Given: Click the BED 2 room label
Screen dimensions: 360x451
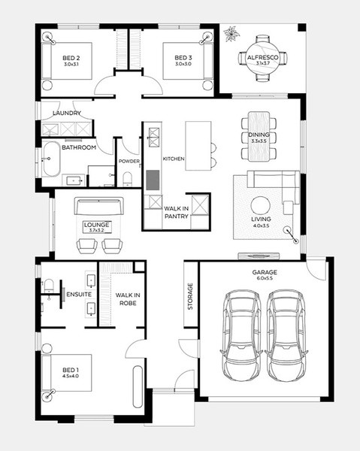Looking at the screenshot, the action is coord(71,58).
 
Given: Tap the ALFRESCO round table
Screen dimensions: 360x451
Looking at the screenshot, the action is coord(263,59).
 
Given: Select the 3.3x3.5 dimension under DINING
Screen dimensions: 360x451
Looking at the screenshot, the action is coord(259,141).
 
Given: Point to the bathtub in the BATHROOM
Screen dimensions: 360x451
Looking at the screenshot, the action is coord(51,159).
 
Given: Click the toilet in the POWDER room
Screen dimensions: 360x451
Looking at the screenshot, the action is coord(127,179).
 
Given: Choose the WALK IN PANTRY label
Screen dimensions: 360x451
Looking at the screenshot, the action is coord(177,212).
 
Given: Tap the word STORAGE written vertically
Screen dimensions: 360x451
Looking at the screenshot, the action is coord(190,296).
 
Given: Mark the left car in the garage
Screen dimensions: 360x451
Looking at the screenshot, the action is coord(242,336).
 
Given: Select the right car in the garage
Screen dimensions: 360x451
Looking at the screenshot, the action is coord(286,336).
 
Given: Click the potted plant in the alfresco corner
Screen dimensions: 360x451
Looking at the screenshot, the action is coord(231,34).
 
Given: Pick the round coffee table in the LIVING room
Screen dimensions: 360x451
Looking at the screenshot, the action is coord(261,206).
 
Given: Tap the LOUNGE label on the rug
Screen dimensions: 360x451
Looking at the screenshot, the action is coord(96,225).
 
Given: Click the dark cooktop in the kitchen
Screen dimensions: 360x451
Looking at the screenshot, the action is coord(153,180).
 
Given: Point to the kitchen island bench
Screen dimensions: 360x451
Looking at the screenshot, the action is coord(198,146).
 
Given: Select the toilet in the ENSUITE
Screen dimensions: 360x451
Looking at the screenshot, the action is coord(48,286).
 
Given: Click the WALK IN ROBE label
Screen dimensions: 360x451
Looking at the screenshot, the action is coord(128,299).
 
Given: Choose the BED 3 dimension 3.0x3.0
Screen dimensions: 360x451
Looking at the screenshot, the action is coord(183,64).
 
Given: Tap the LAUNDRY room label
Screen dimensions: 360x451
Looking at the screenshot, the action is coord(67,113).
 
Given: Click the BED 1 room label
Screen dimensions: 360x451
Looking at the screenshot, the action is coord(71,370).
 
